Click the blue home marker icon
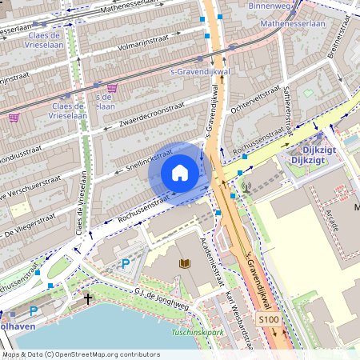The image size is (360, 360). (x=180, y=172)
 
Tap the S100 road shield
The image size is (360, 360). (x=270, y=320)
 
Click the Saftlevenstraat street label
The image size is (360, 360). (x=288, y=102)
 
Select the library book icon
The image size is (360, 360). (x=185, y=263)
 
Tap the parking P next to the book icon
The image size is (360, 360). (x=125, y=262)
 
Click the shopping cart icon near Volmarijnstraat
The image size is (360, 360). (x=112, y=87)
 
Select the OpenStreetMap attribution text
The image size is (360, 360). (x=80, y=354)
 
